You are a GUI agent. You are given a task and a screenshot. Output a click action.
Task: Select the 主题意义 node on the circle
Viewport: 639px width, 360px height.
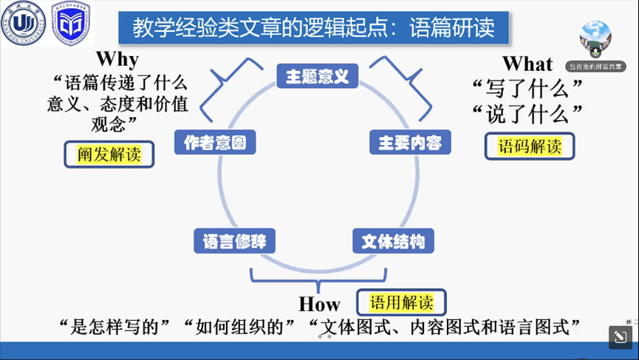click(317, 75)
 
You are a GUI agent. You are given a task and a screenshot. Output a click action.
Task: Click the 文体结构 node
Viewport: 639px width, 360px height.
click(393, 241)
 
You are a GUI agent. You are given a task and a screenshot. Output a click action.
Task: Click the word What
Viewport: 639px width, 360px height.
click(527, 64)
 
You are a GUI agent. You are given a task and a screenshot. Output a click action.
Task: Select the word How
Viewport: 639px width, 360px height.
click(319, 304)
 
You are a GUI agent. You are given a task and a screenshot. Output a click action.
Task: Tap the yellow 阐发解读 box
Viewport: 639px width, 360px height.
click(109, 154)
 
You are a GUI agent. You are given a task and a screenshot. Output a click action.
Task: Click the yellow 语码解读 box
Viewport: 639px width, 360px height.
click(529, 146)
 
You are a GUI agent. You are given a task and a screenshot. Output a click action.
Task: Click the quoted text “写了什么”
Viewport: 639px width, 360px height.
click(527, 89)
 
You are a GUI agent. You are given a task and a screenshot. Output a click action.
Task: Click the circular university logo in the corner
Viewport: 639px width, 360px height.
click(24, 24)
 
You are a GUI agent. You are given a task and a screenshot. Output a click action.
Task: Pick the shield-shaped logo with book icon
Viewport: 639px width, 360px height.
click(72, 24)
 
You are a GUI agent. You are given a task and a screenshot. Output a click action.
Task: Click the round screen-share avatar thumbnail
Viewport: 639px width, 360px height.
click(595, 39)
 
